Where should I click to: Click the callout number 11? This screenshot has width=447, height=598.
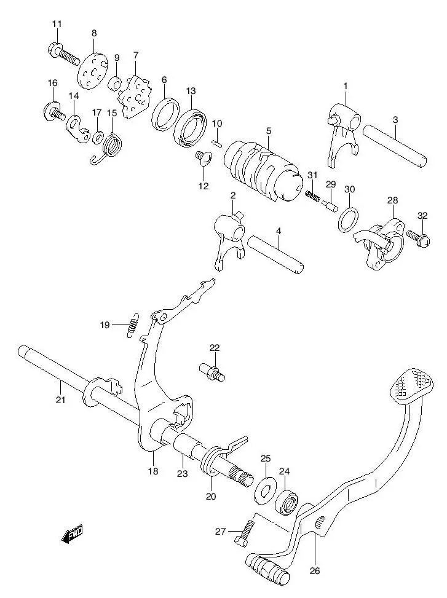coord(57,24)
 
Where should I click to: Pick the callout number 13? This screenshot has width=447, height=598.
coord(191,91)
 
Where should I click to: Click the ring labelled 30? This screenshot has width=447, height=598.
coord(349,219)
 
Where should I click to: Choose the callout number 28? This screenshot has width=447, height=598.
coord(392,201)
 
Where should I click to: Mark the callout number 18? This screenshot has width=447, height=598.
coord(152,471)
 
